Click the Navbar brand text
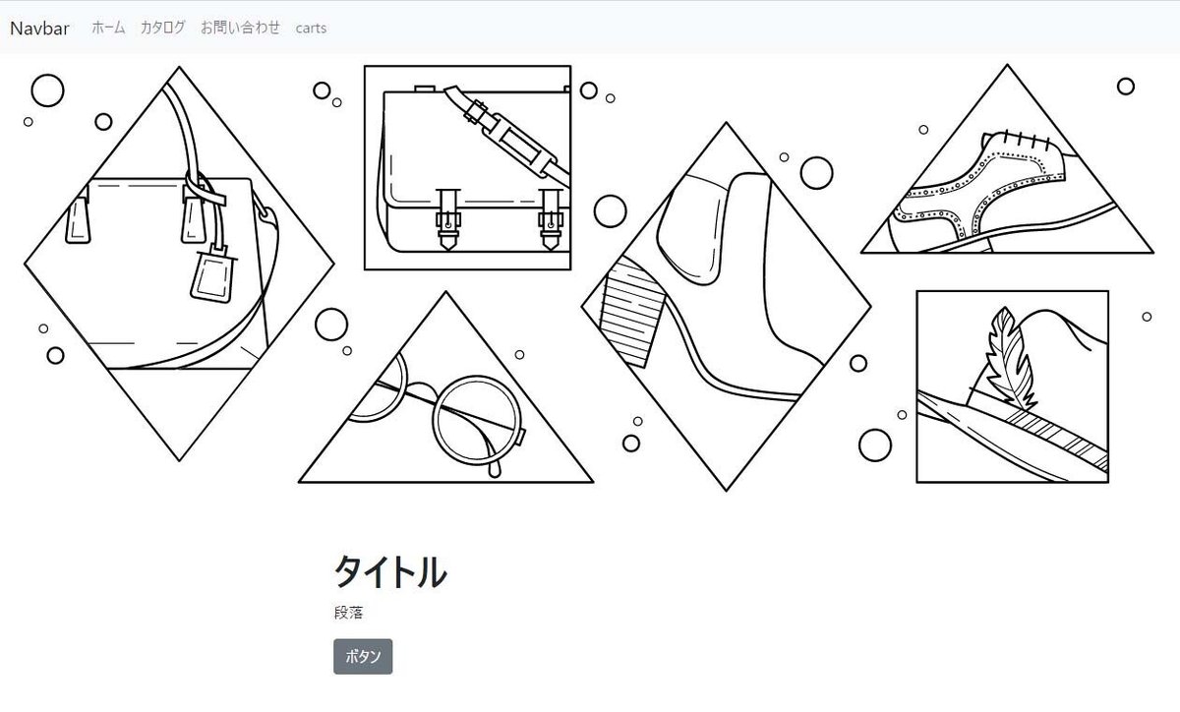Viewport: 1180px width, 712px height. tap(39, 28)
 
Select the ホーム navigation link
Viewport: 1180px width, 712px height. tap(108, 28)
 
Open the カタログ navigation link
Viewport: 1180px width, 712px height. tap(162, 28)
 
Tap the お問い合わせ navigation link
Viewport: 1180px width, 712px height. tap(240, 28)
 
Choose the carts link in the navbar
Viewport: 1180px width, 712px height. tap(311, 28)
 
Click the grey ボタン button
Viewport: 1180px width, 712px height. tap(363, 657)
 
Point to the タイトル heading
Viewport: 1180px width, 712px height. tap(389, 571)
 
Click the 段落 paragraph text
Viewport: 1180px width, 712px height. tap(348, 613)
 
